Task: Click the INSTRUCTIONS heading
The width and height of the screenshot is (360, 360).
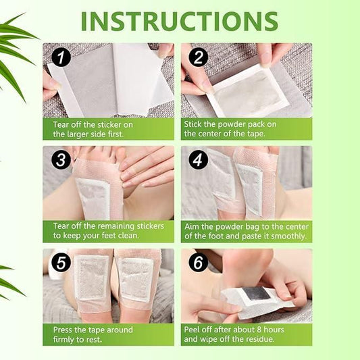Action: (179, 20)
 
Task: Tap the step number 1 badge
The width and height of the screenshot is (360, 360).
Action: (61, 58)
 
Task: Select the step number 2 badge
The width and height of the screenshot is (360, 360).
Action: (197, 58)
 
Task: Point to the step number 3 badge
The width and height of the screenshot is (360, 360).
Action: (61, 161)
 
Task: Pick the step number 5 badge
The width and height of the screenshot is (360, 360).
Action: (61, 261)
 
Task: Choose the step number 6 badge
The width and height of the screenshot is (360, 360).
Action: (197, 262)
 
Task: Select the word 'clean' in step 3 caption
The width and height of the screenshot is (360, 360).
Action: (126, 236)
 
